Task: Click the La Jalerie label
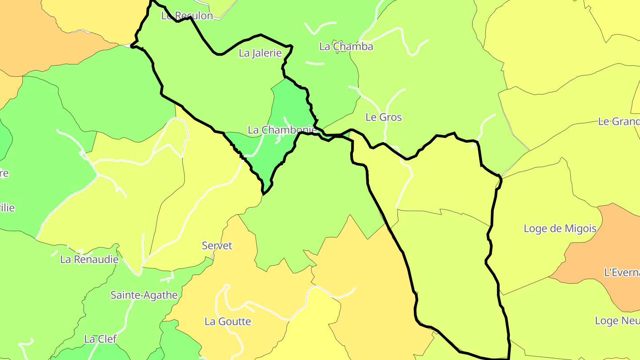click(260, 53)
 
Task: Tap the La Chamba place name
click(346, 47)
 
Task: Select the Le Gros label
click(384, 117)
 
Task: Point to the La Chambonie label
click(282, 130)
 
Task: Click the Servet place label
click(217, 246)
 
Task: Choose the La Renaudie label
click(89, 260)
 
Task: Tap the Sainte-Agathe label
click(144, 295)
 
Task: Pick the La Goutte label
click(228, 321)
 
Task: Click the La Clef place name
click(100, 339)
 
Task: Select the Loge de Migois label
click(560, 229)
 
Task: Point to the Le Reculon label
click(187, 16)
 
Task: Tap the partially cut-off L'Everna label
click(622, 272)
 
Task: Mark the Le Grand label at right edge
click(619, 122)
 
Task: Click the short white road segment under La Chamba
click(315, 63)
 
